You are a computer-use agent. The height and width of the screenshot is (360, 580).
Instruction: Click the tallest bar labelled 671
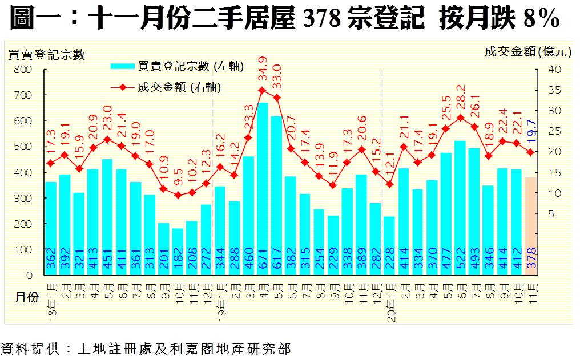(x=262, y=188)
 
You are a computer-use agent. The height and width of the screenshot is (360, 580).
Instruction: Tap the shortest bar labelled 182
(x=178, y=252)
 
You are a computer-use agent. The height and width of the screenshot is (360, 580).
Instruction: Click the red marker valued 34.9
(x=262, y=90)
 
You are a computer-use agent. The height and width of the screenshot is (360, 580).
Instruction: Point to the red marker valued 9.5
(x=178, y=195)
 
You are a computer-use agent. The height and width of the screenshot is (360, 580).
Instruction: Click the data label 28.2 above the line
(x=460, y=99)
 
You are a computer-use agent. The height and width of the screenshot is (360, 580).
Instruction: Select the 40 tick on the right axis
(x=555, y=69)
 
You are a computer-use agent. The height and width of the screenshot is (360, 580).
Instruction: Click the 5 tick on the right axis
(x=552, y=214)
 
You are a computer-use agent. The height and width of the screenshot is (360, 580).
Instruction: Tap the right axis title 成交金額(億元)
(x=527, y=52)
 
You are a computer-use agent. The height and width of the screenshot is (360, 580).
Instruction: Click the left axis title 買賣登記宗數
(x=46, y=55)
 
